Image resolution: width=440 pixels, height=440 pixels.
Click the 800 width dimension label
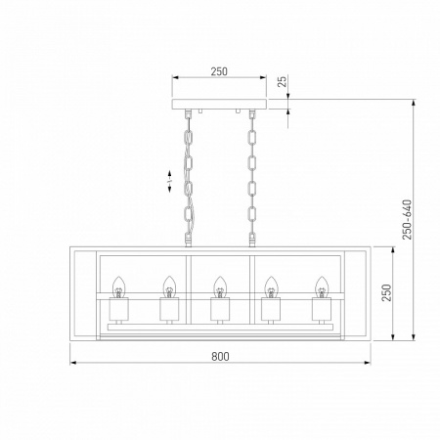pos(220,356)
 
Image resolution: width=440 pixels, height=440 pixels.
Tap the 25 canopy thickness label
pos(284,83)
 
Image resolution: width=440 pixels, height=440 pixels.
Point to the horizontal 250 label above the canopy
pos(220,71)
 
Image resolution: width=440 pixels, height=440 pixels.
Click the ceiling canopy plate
pos(220,104)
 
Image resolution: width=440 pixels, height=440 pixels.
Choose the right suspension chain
pos(251,176)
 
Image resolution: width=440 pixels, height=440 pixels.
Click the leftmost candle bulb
pos(118,286)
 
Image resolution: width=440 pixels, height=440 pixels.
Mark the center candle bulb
pos(220,286)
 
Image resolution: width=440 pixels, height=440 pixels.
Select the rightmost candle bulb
pos(322,286)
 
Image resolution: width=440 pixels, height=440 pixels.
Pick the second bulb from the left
pos(169,286)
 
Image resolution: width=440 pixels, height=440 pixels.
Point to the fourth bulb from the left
pos(271,286)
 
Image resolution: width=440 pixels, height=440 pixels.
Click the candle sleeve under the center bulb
pos(220,310)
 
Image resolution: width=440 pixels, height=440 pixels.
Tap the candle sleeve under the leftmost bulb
pos(118,310)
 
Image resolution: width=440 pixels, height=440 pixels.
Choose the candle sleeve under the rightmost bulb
pos(322,310)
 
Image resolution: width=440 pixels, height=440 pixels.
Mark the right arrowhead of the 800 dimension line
pos(367,365)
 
